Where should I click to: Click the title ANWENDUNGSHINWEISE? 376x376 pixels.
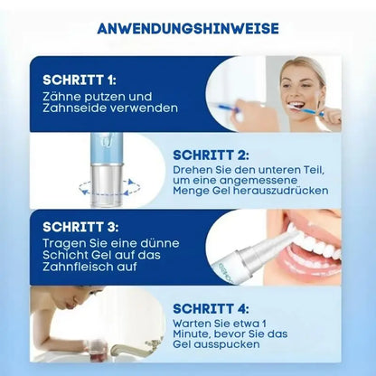188,28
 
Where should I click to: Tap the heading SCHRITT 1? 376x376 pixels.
80,80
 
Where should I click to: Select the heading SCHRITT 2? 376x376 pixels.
211,155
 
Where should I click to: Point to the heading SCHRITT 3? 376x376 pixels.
80,227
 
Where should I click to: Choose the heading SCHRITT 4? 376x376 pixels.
211,308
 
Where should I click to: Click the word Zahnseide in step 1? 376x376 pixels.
73,108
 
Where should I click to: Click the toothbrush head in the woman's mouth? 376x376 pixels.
294,107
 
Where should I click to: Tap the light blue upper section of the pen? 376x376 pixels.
107,148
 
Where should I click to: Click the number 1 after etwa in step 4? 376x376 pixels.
264,324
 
